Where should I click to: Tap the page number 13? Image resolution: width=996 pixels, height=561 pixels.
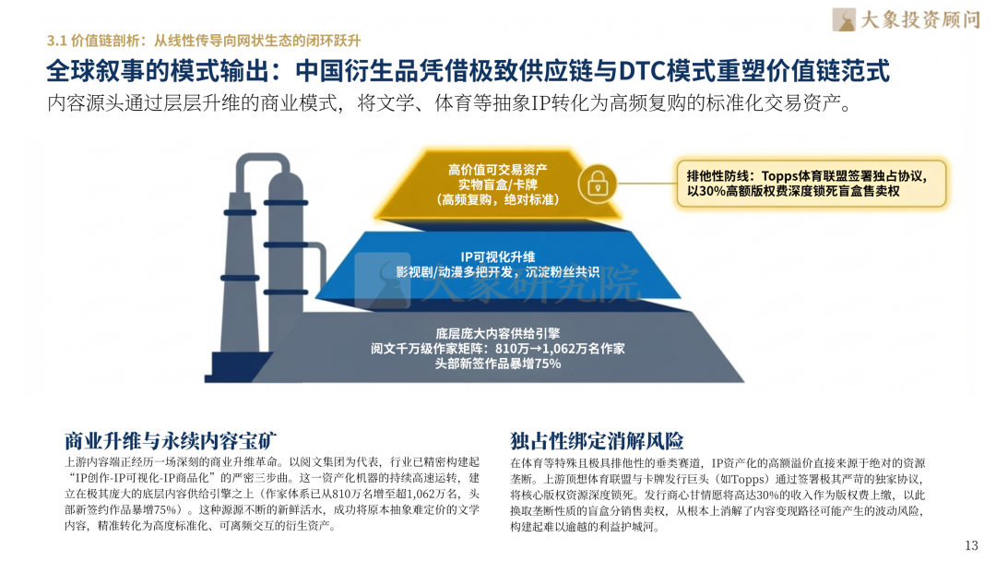[970, 544]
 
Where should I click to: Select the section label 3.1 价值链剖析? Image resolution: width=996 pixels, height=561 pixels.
[94, 41]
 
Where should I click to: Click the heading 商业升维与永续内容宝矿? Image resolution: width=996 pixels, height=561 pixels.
[172, 439]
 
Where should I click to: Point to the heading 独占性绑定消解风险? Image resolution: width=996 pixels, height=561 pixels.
[597, 439]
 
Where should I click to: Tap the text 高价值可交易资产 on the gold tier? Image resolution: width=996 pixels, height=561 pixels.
[497, 169]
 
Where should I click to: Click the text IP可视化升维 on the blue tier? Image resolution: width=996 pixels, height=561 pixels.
[497, 256]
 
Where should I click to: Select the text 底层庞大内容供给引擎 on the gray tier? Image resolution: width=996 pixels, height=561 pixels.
[497, 332]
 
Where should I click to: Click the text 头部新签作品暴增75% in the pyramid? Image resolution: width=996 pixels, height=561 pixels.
[497, 364]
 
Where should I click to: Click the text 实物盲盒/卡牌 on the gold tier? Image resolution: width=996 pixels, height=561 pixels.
[497, 184]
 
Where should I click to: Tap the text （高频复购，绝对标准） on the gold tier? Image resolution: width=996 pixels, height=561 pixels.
[497, 198]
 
